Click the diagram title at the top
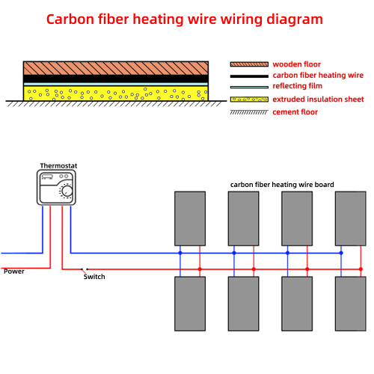(185, 19)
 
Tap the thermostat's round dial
(67, 191)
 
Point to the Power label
(14, 272)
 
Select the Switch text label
(94, 277)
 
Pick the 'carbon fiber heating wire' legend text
(318, 76)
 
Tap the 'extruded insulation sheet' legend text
(318, 99)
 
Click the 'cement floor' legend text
(295, 111)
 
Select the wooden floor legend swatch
(248, 64)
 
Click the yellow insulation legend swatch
(248, 99)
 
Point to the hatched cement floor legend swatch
(248, 111)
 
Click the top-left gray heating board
(190, 218)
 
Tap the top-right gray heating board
(351, 218)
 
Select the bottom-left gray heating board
(190, 304)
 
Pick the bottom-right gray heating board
(351, 304)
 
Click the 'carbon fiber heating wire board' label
(282, 184)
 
